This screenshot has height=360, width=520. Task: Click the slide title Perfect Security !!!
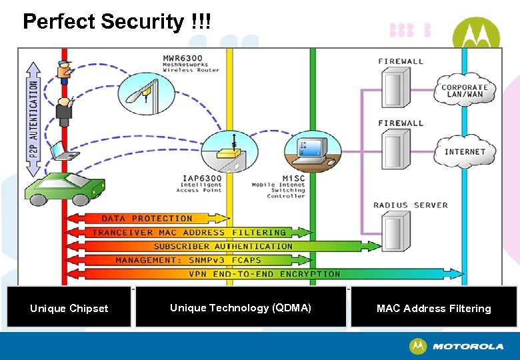tap(117, 22)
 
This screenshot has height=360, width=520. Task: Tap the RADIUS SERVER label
tap(411, 205)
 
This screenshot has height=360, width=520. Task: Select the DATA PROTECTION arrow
tap(147, 219)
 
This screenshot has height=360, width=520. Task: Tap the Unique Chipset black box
tap(69, 308)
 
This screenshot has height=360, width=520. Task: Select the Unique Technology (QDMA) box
tap(241, 307)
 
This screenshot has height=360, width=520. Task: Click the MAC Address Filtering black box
tap(433, 308)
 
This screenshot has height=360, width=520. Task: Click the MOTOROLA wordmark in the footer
tap(468, 347)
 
